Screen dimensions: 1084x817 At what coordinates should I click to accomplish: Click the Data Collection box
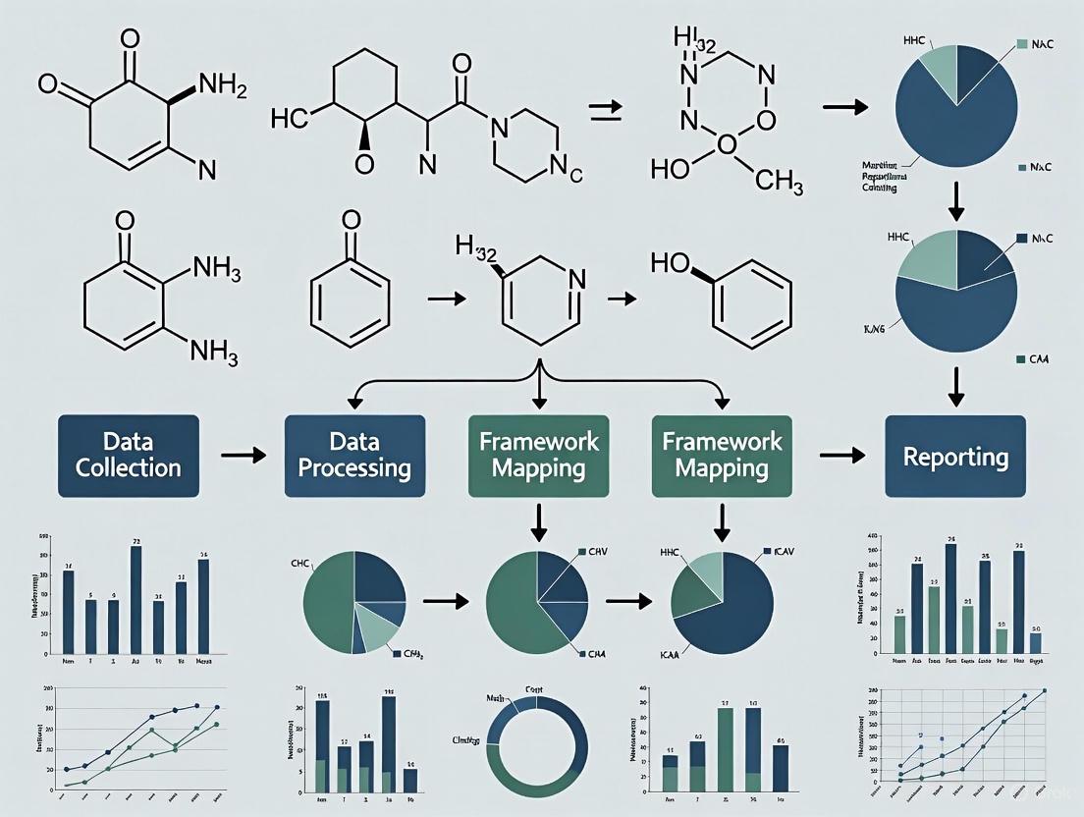click(129, 456)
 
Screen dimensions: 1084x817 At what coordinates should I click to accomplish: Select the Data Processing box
click(354, 456)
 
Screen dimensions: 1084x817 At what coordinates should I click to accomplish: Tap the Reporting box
click(955, 457)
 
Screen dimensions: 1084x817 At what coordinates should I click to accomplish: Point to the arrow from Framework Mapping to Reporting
click(841, 456)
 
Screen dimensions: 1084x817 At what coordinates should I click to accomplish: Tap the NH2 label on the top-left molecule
click(222, 84)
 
